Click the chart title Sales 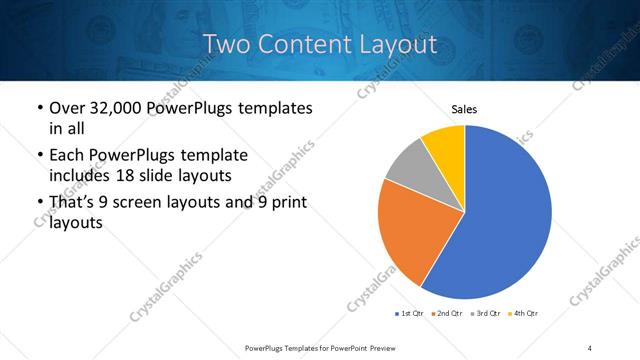point(464,109)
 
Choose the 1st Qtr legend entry point(411,314)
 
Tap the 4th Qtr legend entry point(523,314)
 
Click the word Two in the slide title point(227,44)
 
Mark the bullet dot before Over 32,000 point(38,108)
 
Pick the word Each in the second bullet point(66,156)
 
